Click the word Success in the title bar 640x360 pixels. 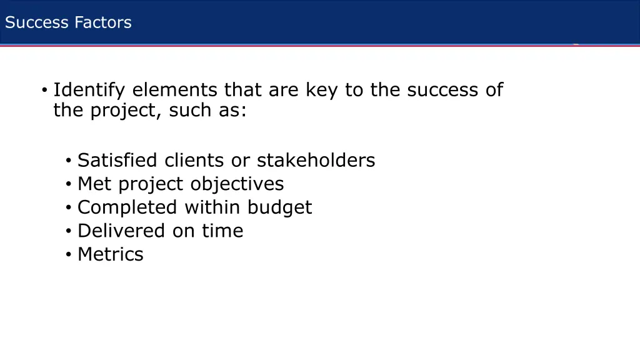click(x=37, y=23)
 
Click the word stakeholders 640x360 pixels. click(x=316, y=161)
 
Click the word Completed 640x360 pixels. click(x=126, y=207)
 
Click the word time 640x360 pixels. click(x=222, y=231)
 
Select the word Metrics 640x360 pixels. click(x=111, y=254)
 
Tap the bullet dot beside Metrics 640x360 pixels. click(x=68, y=255)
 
